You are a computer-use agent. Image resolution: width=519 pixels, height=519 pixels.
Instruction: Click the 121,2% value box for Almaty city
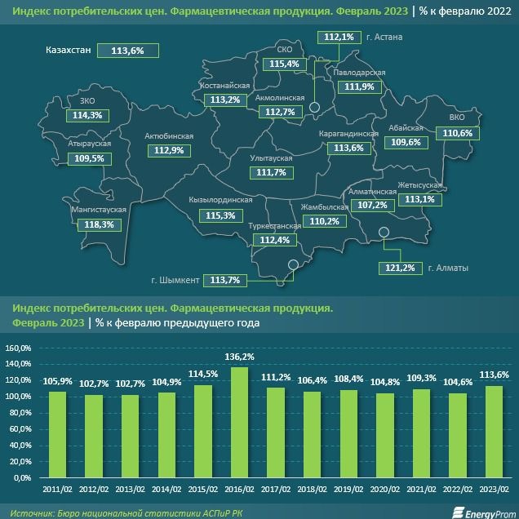[397, 268]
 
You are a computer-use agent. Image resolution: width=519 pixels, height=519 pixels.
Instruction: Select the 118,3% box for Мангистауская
[99, 224]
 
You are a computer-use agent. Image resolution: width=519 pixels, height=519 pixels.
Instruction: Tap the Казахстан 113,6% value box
[127, 51]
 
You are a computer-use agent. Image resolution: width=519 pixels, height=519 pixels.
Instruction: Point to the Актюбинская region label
[168, 135]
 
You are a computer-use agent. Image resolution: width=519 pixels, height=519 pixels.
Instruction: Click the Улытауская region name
[272, 157]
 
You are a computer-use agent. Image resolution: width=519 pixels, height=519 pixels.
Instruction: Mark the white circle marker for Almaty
[385, 235]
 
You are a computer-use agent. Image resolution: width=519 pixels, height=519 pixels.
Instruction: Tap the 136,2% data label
[240, 357]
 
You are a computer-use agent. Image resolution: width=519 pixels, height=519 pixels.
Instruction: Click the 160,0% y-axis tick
[18, 348]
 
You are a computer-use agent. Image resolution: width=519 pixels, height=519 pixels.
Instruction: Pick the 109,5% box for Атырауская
[90, 158]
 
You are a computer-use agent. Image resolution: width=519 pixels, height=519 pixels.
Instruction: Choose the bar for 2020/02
[384, 435]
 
